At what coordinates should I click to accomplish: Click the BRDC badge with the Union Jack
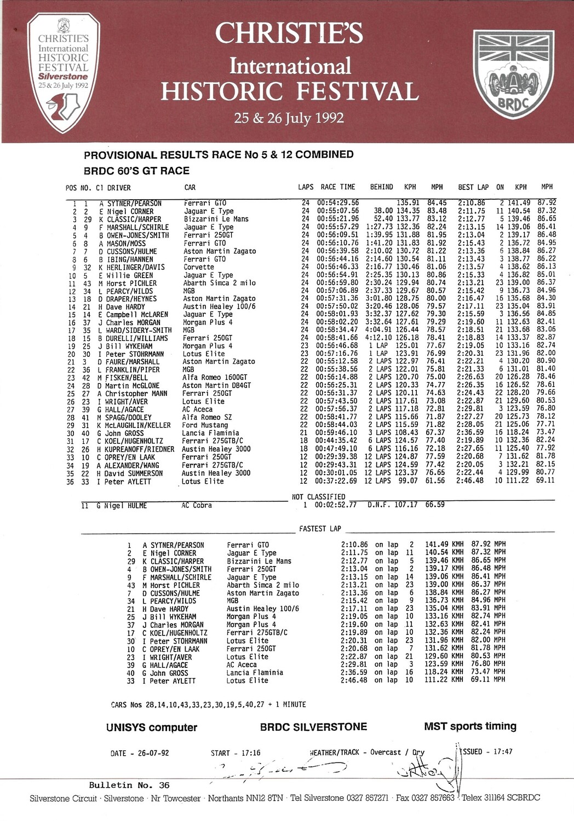513,74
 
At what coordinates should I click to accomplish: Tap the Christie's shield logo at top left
64,73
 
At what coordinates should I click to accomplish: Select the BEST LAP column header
473,187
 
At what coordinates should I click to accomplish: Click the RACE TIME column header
338,187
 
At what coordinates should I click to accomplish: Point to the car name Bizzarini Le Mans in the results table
216,219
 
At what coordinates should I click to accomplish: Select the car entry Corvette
199,267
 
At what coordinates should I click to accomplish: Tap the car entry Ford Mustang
205,425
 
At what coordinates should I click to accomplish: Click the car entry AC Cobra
197,506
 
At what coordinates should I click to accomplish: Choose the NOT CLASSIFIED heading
319,497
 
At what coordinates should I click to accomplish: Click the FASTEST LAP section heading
320,529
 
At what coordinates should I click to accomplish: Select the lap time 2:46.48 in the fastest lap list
354,681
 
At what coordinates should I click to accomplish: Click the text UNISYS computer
152,727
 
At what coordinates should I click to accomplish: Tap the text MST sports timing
470,726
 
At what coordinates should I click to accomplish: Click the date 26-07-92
153,753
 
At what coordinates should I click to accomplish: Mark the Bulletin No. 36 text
129,785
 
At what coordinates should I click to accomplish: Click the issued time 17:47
503,751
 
